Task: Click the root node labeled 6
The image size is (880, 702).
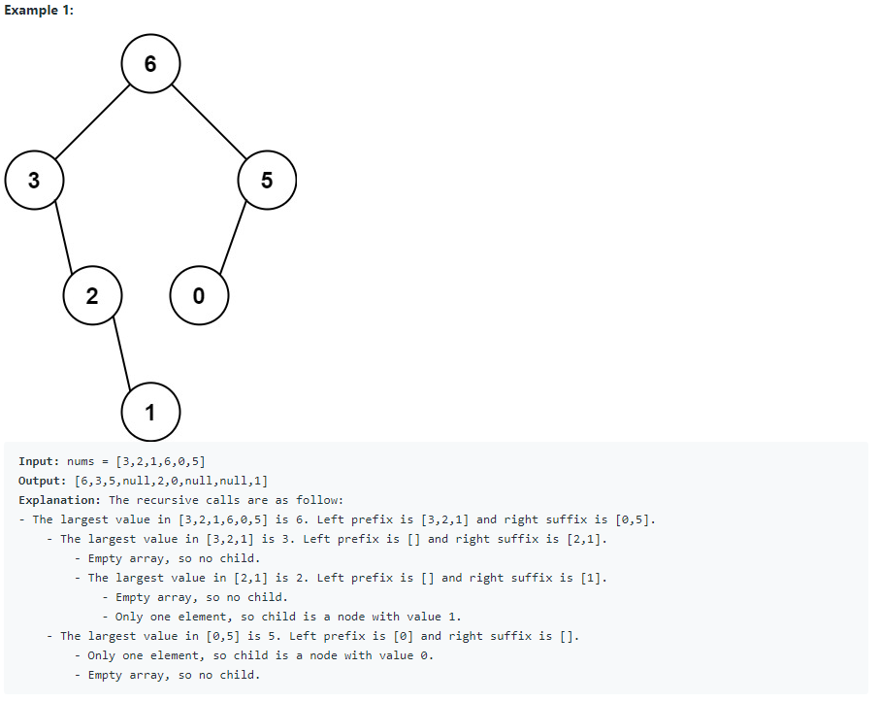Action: coord(149,64)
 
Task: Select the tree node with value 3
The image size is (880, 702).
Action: coord(34,181)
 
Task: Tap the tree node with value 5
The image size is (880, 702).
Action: coord(267,181)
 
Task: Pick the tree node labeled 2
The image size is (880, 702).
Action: coord(92,296)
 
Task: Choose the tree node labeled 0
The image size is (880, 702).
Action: coord(199,296)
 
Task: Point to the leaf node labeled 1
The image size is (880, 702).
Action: coord(149,413)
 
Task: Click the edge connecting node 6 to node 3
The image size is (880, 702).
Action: coord(92,122)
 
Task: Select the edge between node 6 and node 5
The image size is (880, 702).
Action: coord(209,122)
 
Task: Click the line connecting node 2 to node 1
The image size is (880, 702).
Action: coord(121,354)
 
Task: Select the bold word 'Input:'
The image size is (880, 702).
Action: coord(39,461)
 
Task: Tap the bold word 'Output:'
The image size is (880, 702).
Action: coord(43,481)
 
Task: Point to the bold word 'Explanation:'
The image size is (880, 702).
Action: coord(60,500)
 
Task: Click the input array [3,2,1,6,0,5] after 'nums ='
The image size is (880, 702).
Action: coord(160,461)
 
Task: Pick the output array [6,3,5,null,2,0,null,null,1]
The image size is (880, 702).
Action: coord(172,481)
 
